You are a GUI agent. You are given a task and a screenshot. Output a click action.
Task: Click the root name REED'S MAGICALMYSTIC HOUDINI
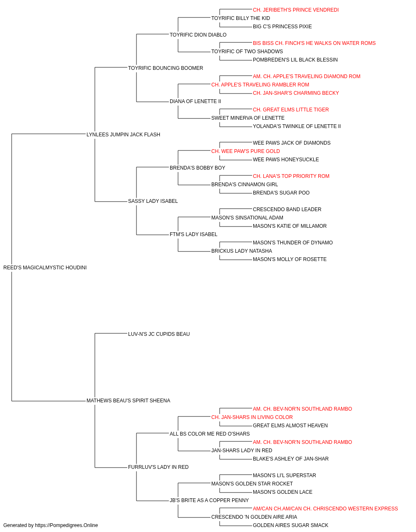click(x=45, y=268)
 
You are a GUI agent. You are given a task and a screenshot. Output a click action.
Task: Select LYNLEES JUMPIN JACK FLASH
click(x=123, y=135)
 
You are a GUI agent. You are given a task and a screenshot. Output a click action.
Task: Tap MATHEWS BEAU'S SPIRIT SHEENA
click(x=129, y=401)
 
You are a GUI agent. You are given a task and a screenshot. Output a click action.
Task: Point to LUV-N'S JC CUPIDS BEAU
click(x=159, y=334)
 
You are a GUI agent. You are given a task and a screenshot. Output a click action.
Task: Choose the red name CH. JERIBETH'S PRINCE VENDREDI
click(x=296, y=10)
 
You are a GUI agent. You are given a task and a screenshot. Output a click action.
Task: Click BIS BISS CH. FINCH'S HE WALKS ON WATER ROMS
click(x=314, y=43)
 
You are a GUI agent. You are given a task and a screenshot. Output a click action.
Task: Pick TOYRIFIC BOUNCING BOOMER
click(x=166, y=68)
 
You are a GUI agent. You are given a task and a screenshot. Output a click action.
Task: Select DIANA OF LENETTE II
click(x=195, y=101)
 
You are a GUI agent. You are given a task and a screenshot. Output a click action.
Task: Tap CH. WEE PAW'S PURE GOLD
click(x=245, y=151)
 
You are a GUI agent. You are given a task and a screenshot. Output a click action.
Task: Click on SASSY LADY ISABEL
click(x=153, y=201)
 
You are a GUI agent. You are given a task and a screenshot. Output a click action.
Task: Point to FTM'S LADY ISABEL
click(x=193, y=234)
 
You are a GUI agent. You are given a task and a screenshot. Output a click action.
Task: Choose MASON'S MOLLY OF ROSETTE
click(x=290, y=259)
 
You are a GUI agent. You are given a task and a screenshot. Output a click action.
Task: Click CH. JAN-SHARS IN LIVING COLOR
click(x=252, y=417)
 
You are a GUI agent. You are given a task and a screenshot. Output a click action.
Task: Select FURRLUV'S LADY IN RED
click(x=158, y=467)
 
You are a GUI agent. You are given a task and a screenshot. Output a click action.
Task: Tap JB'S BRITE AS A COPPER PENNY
click(x=209, y=500)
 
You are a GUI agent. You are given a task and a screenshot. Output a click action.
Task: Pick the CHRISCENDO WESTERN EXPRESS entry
click(x=325, y=509)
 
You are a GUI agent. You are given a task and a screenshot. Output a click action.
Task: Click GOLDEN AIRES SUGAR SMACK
click(x=290, y=525)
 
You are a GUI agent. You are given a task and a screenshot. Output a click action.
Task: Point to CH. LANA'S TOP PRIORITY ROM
click(x=291, y=176)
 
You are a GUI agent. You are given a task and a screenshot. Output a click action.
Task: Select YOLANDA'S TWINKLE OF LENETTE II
click(x=297, y=126)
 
